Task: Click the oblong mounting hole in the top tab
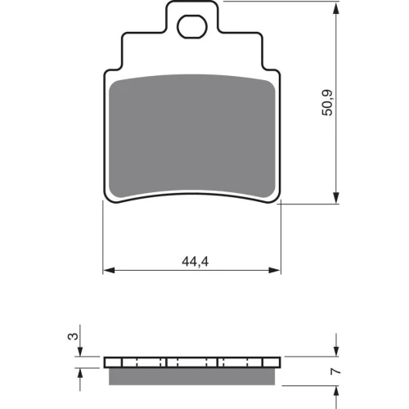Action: tap(192, 27)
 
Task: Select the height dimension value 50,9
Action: tap(327, 102)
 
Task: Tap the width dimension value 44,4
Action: tap(196, 262)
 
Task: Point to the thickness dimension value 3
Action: tap(73, 336)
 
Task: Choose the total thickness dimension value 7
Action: tap(335, 371)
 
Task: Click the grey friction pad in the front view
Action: tap(192, 136)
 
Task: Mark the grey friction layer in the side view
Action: tap(192, 376)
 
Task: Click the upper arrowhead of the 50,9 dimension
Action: tap(336, 8)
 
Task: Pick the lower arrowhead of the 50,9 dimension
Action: tap(336, 197)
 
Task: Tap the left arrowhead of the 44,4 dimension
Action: tap(109, 270)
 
